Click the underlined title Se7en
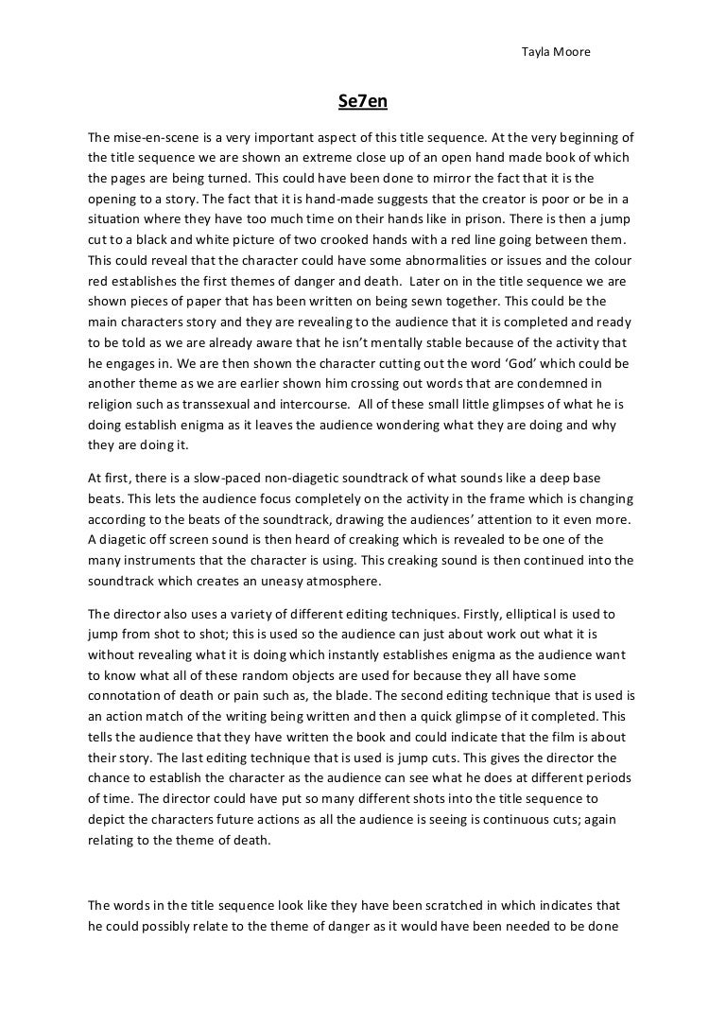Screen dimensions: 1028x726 [x=362, y=100]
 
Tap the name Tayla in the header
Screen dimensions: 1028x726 [x=537, y=51]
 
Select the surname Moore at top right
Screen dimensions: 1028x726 [x=573, y=51]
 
